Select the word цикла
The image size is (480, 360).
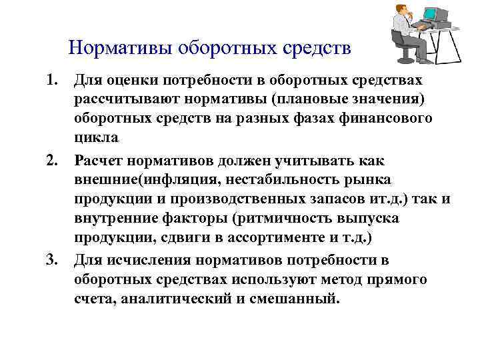[x=97, y=139]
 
